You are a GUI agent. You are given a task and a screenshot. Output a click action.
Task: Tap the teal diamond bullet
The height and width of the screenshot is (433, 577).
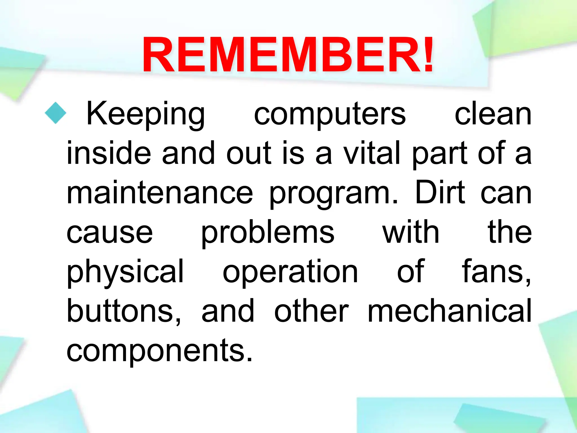click(x=56, y=113)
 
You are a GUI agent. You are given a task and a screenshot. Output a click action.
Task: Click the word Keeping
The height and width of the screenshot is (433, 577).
click(x=146, y=114)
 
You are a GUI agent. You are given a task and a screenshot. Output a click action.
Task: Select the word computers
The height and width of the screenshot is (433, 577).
click(x=330, y=114)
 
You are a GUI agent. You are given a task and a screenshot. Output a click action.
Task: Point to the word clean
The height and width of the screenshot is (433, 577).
click(x=493, y=114)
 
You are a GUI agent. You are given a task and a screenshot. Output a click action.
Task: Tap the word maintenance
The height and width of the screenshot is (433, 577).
click(x=160, y=193)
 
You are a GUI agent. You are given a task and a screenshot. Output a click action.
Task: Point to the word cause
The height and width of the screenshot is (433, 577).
click(x=110, y=233)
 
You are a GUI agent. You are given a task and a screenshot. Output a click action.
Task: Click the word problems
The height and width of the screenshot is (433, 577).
click(x=268, y=233)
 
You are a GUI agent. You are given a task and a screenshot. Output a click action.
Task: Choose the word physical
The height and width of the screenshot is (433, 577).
click(x=125, y=272)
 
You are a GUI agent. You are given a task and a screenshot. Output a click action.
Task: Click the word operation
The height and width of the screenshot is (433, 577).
click(x=290, y=272)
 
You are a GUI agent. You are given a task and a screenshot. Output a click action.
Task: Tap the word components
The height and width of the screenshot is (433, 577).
click(x=159, y=351)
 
